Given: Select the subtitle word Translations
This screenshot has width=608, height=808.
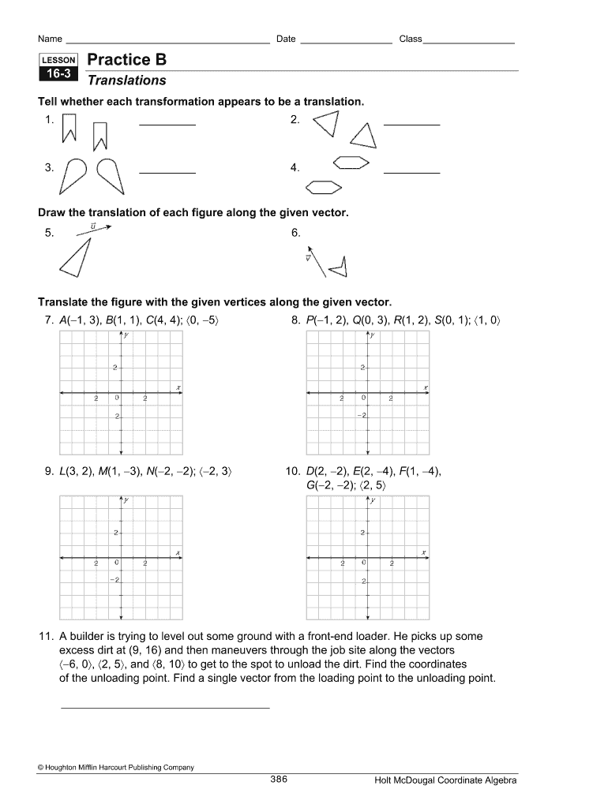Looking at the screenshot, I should pos(126,80).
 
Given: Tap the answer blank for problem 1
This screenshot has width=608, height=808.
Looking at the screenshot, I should pos(167,124).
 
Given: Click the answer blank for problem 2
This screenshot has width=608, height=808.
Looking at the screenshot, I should pos(411,124).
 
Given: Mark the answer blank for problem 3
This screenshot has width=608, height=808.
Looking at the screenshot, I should pos(167,171).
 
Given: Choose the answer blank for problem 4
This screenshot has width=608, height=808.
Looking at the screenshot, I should pos(411,171).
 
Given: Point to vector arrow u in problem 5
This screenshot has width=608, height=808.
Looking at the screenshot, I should pos(96,229).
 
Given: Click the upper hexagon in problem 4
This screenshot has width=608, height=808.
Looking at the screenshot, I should pos(351,162).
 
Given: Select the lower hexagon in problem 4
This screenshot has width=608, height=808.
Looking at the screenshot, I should pos(323,187).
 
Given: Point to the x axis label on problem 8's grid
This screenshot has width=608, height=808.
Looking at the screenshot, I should pos(426,387).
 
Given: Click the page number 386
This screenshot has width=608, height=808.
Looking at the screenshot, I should pos(279,780).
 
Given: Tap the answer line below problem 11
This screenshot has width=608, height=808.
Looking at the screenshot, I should pos(165,706).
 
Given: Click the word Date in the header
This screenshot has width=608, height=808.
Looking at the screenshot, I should pos(285,39).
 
